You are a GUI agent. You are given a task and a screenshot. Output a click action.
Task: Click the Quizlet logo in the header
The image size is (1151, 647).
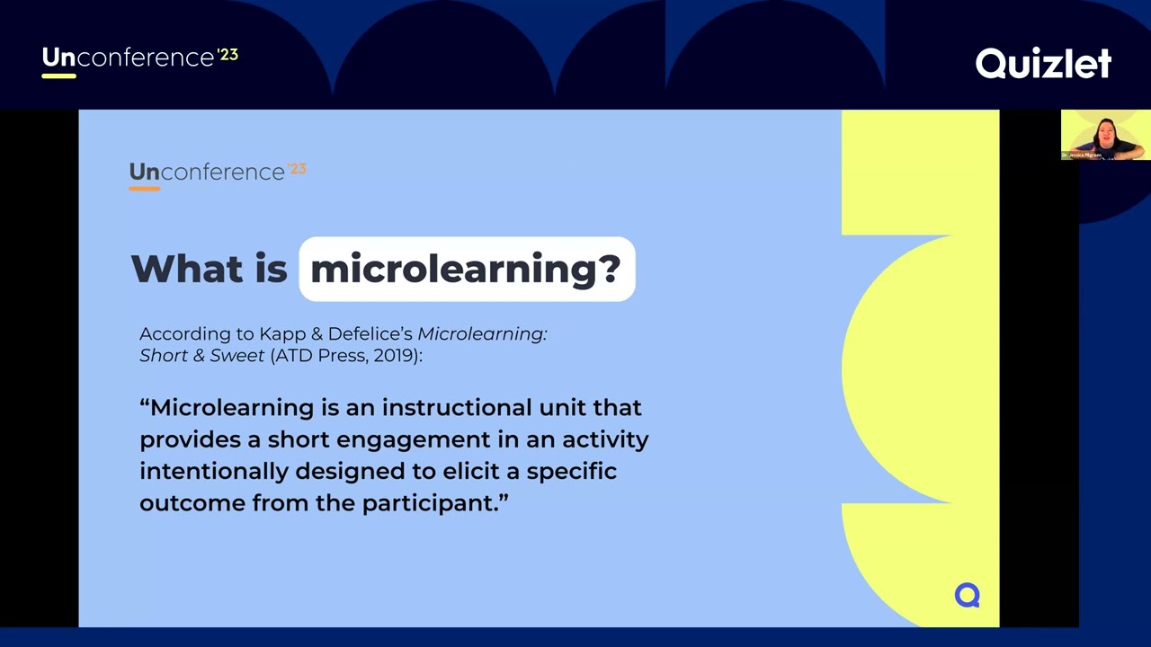1043,63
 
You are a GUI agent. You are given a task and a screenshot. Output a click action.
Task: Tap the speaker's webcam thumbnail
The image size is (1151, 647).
1105,135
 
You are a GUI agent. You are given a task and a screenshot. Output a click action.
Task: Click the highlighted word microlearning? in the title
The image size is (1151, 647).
466,269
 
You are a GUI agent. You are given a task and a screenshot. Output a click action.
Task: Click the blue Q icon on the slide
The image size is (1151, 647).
967,595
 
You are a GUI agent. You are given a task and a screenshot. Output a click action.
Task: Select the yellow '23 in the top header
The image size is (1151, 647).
228,55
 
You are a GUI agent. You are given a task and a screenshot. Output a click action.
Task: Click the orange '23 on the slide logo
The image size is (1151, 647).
297,168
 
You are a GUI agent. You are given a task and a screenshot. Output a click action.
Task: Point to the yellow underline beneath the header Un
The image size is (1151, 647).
58,75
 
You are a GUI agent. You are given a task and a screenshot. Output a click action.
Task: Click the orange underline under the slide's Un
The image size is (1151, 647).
144,189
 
